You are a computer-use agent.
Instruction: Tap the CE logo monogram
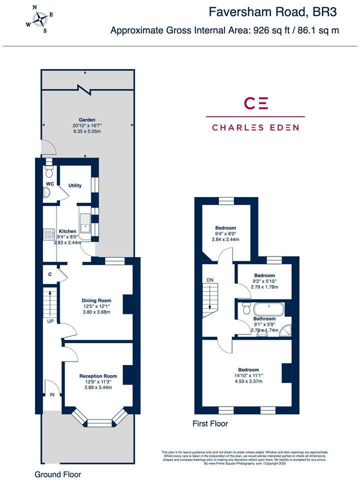[255, 103]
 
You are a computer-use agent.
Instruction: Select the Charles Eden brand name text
[255, 127]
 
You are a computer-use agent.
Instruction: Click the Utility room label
[75, 185]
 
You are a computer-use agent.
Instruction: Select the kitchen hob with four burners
[49, 234]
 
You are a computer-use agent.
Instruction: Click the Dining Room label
[96, 300]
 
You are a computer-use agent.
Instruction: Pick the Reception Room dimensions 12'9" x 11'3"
[97, 381]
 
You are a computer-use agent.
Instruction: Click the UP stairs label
[50, 321]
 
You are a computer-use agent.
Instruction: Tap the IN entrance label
[52, 394]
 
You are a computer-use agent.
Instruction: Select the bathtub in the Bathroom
[268, 308]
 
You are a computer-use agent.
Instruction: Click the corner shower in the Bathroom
[285, 330]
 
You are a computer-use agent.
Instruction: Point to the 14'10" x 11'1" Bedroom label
[248, 375]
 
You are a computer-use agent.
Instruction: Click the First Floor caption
[210, 423]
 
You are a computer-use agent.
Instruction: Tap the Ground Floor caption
[57, 474]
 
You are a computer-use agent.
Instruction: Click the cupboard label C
[50, 274]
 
